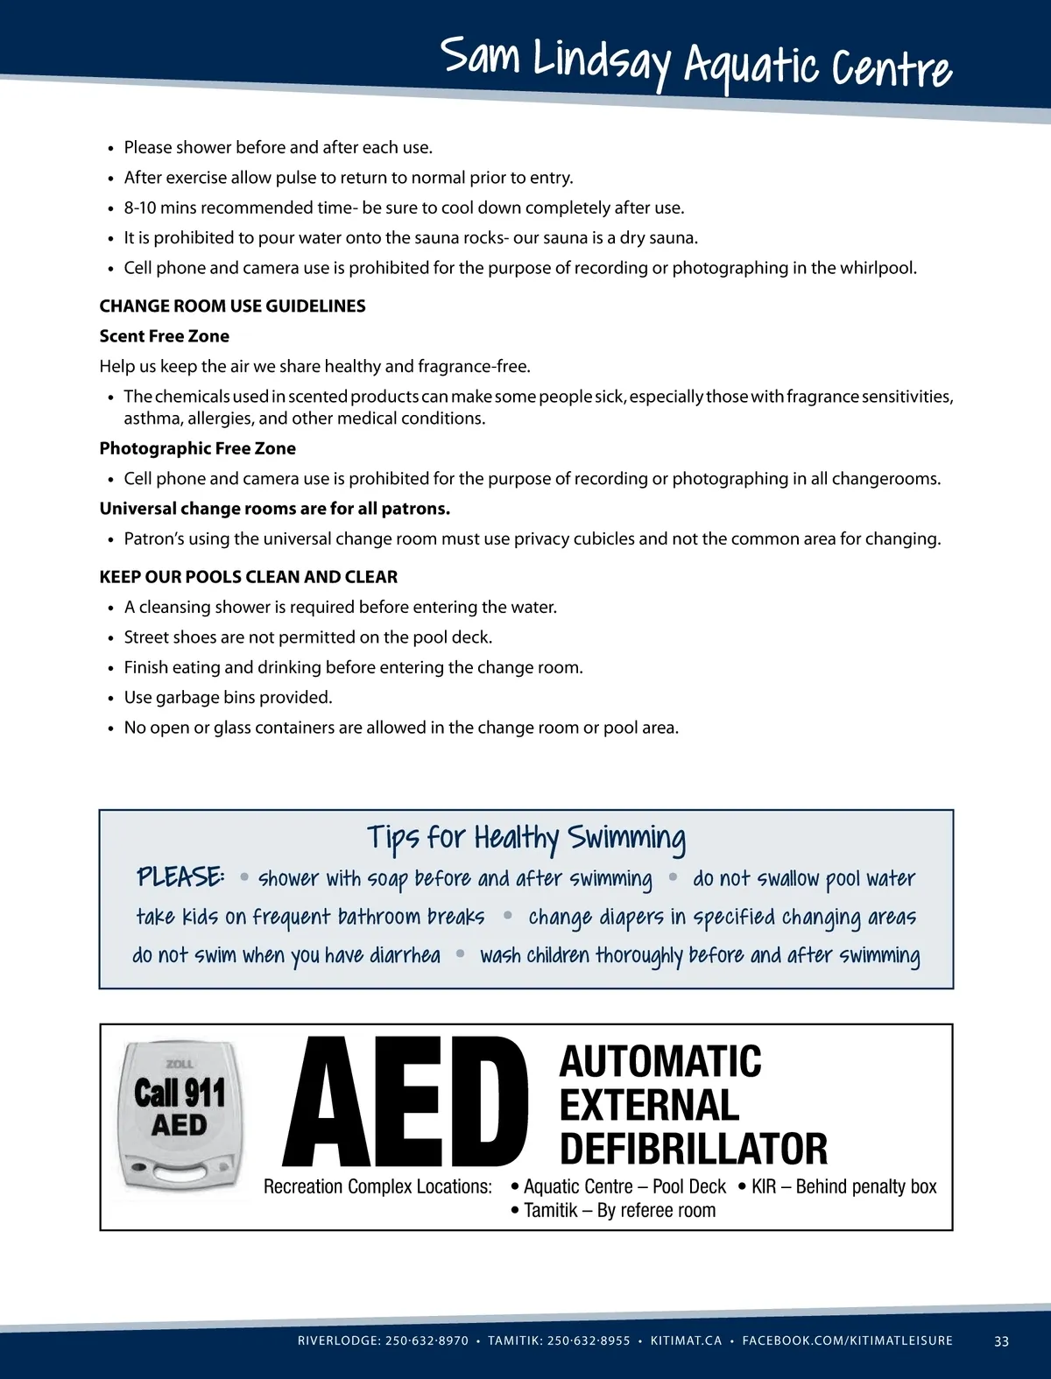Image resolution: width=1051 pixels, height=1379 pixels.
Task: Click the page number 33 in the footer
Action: coord(1001,1341)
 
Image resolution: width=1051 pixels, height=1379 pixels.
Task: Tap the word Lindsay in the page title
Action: coord(603,61)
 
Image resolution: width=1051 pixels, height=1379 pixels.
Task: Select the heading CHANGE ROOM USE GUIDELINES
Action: coord(232,306)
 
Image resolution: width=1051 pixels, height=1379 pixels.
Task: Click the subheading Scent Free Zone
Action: coord(164,336)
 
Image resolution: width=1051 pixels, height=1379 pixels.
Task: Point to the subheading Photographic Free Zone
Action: coord(197,448)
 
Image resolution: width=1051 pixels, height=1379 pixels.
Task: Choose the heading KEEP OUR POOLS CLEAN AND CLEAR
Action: coord(248,577)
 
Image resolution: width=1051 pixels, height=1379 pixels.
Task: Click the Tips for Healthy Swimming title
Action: coord(525,838)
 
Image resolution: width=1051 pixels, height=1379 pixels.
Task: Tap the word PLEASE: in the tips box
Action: coord(180,876)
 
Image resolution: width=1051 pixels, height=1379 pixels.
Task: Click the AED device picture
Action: coord(180,1115)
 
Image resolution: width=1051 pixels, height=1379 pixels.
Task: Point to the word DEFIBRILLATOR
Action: coord(693,1149)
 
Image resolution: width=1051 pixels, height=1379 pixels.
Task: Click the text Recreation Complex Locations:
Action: coord(377,1187)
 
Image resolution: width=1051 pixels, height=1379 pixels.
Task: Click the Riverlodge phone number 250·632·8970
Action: coord(427,1341)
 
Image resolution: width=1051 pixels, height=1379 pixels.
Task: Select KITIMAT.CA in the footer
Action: coord(686,1341)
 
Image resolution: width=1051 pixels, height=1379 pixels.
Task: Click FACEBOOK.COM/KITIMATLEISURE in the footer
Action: coord(847,1341)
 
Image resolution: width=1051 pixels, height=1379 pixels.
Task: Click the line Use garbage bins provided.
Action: coord(228,698)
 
